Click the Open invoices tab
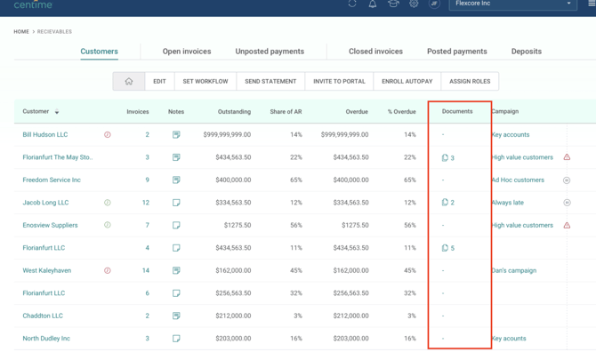[x=187, y=52]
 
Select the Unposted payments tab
[x=270, y=52]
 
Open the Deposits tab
[x=526, y=52]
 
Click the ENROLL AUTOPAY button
[x=407, y=81]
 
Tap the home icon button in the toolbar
[x=129, y=81]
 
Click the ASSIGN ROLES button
[x=470, y=81]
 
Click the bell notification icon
[x=373, y=4]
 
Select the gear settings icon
[x=414, y=4]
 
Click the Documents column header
[x=457, y=111]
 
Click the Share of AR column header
[x=286, y=112]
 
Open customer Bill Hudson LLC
[x=44, y=134]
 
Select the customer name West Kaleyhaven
[x=47, y=270]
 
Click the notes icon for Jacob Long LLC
[x=176, y=203]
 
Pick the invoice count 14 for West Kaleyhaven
[x=146, y=270]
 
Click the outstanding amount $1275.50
[x=238, y=225]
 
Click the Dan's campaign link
[x=514, y=270]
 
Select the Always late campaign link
[x=507, y=203]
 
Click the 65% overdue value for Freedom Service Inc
[x=410, y=180]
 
